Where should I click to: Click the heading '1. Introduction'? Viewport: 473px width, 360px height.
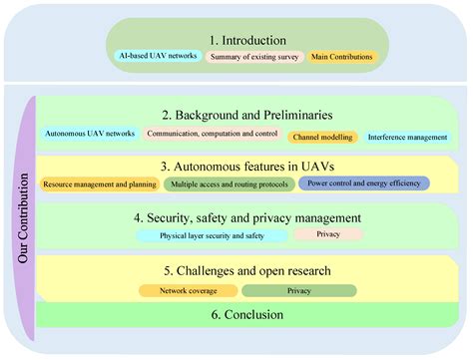pos(246,39)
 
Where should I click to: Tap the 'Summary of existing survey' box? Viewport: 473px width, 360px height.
pos(253,57)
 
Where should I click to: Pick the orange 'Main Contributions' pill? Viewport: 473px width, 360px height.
pos(342,57)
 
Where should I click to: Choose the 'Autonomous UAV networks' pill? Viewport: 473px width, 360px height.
pos(87,134)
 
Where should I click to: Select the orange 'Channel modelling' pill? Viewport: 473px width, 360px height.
pos(322,137)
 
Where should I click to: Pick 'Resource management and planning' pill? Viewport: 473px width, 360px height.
pos(101,183)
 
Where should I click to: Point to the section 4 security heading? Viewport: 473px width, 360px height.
pos(248,217)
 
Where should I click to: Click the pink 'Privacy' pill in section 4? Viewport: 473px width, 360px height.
pos(328,233)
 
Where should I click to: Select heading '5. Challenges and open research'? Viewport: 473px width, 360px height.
pos(248,269)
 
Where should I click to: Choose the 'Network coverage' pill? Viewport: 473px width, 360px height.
pos(188,291)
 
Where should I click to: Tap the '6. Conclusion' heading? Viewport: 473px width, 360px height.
pos(246,315)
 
